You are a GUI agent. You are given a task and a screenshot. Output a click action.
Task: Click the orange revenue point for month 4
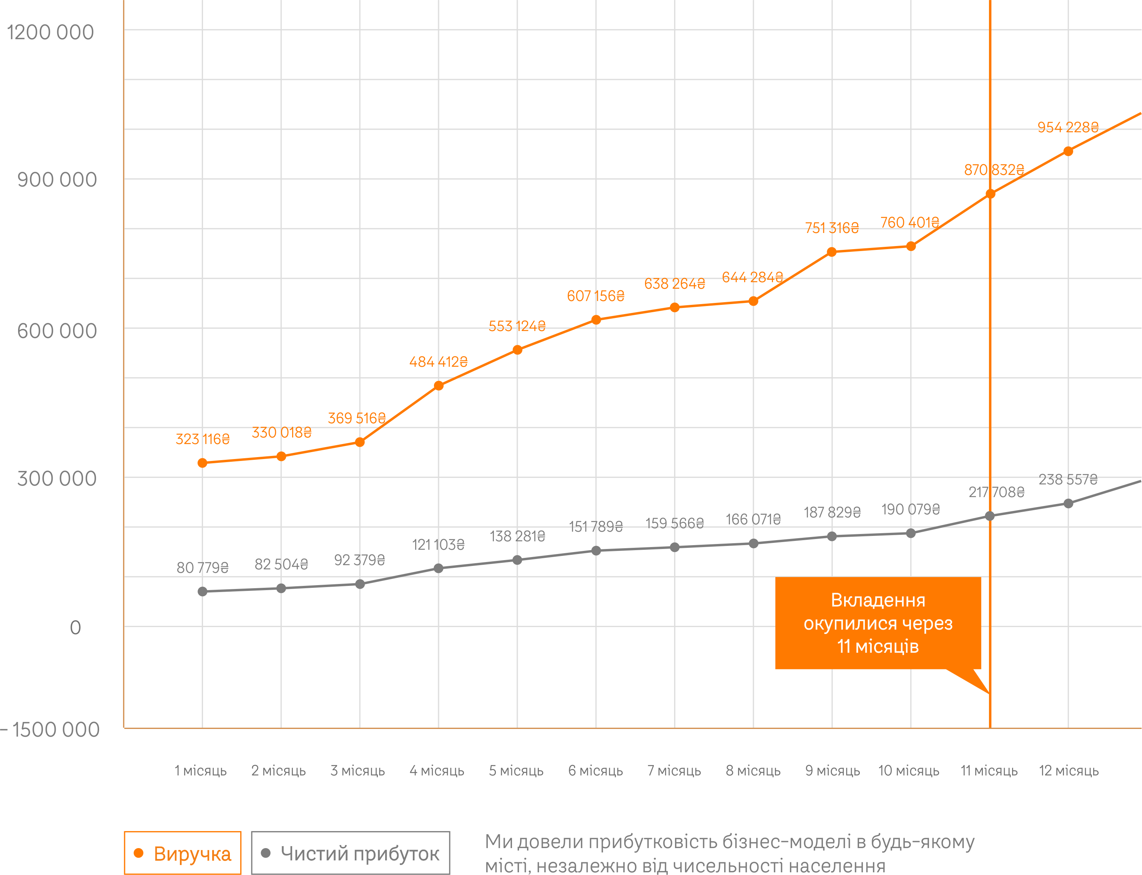point(439,386)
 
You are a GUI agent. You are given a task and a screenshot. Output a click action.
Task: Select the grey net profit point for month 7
point(674,547)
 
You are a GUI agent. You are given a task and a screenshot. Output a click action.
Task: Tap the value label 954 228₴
point(1067,127)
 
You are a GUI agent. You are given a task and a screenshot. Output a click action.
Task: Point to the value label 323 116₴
point(203,439)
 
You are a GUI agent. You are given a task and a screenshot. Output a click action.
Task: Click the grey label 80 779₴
point(203,567)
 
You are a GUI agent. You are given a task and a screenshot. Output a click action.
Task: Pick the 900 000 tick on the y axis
point(57,180)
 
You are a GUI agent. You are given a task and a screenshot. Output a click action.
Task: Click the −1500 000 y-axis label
point(50,730)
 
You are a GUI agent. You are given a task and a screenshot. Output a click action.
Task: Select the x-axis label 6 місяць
point(595,770)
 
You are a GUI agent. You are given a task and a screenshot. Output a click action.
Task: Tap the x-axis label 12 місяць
point(1069,770)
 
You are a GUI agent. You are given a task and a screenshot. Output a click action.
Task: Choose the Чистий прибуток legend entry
point(351,853)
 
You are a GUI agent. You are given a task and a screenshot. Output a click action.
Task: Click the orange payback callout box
point(878,623)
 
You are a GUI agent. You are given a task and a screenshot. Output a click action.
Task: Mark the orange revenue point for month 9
point(832,252)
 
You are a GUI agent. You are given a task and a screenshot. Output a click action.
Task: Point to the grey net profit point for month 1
point(203,592)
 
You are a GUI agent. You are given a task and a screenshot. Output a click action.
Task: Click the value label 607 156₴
point(595,296)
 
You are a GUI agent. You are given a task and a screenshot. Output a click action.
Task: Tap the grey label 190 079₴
point(910,509)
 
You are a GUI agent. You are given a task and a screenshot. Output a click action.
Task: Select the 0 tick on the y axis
point(75,627)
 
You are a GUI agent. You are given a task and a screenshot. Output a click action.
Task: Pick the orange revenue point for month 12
point(1068,151)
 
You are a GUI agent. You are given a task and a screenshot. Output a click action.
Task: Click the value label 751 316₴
point(832,228)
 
